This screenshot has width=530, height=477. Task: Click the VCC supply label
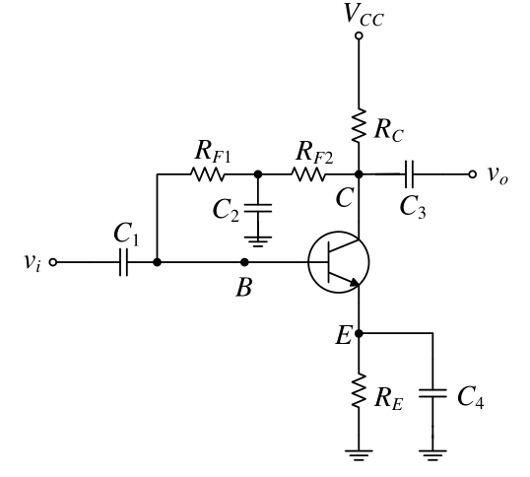pos(364,15)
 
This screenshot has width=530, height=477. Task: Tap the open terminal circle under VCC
pos(359,35)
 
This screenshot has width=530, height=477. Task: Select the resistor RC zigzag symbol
pos(359,125)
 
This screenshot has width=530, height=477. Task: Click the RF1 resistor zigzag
pos(207,174)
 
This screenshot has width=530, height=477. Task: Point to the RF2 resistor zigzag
pos(307,174)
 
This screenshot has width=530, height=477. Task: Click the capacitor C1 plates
pos(124,262)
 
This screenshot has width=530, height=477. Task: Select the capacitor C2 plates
pos(258,208)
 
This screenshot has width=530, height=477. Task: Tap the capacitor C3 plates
pos(409,174)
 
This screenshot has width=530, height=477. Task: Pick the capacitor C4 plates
pos(432,393)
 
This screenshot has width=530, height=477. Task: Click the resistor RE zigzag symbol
pos(359,390)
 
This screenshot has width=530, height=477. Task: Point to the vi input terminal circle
pos(53,262)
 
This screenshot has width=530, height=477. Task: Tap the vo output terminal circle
pos(472,174)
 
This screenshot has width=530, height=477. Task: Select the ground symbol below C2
pos(258,241)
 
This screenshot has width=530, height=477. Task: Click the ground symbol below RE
pos(359,455)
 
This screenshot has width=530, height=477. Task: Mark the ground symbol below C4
pos(432,455)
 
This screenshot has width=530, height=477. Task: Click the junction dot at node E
pos(359,333)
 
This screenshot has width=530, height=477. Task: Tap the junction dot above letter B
pos(244,262)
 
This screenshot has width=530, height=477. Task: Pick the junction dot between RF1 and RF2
pos(258,174)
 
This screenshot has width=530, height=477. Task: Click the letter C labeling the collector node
pos(345,198)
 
